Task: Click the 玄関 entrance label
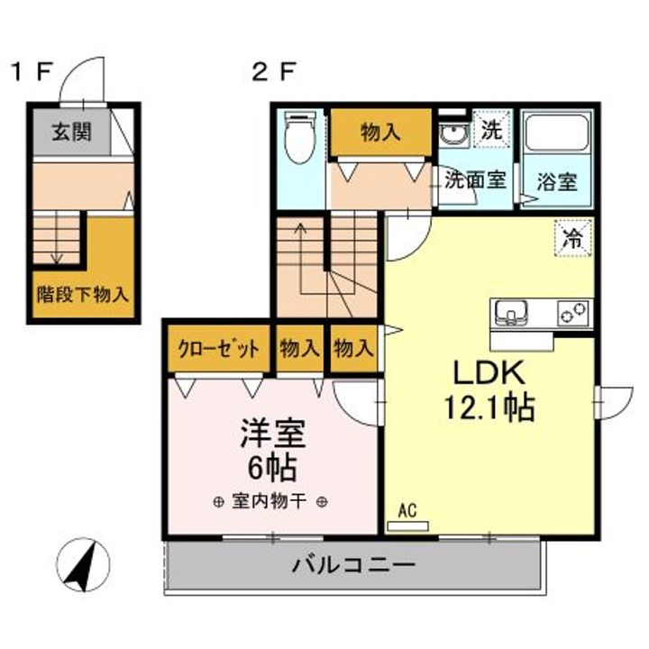[71, 133]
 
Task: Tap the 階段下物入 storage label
[83, 295]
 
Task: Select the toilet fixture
[300, 137]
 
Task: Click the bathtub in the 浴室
[557, 132]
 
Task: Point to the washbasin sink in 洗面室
[454, 134]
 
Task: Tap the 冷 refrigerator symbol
[573, 238]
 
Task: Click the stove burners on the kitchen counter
[573, 314]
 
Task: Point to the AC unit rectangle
[407, 526]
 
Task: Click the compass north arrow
[82, 566]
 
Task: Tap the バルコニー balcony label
[353, 565]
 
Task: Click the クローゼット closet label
[218, 349]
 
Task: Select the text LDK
[489, 373]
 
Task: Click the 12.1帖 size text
[489, 407]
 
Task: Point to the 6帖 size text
[273, 467]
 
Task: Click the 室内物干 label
[270, 502]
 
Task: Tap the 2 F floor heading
[274, 72]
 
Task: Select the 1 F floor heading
[32, 72]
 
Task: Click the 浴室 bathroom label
[557, 181]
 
